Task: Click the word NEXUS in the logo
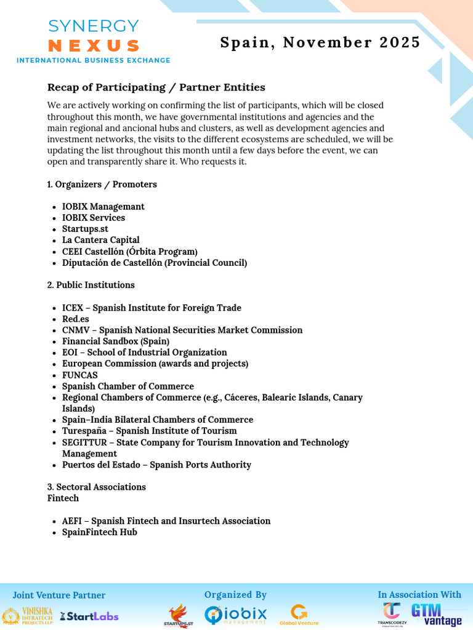(94, 46)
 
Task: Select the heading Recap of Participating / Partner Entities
(156, 87)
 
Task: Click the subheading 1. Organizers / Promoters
(102, 185)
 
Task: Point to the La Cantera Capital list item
(100, 240)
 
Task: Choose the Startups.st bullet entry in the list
(85, 229)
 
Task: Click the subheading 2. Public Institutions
(91, 285)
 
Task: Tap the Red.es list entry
(75, 319)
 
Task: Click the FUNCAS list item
(79, 375)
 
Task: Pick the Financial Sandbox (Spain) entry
(116, 341)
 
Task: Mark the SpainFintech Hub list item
(99, 532)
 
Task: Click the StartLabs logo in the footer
(89, 616)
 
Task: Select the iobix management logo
(236, 615)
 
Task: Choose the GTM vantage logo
(436, 614)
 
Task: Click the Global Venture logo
(299, 615)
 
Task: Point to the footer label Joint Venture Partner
(59, 595)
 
